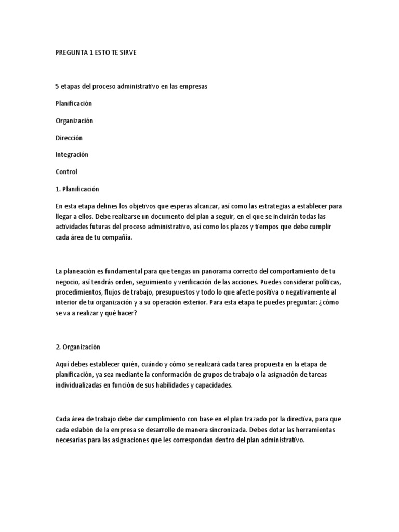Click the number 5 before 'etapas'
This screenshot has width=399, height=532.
[57, 87]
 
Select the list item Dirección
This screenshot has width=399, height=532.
[69, 138]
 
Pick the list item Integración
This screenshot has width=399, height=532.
[72, 155]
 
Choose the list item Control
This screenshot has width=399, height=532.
[66, 171]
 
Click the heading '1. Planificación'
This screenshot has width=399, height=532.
[77, 189]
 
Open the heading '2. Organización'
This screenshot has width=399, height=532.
[77, 347]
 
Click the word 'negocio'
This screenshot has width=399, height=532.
[68, 282]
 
